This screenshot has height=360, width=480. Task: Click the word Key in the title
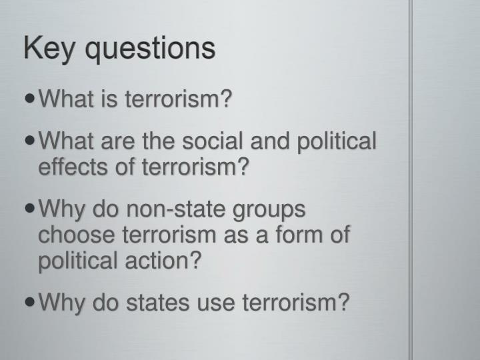tap(48, 49)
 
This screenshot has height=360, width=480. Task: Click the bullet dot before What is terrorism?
tap(31, 101)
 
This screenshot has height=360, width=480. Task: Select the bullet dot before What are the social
tap(31, 141)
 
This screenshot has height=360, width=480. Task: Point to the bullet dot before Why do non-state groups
tap(31, 209)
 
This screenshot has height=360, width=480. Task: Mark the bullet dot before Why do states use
tap(31, 303)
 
